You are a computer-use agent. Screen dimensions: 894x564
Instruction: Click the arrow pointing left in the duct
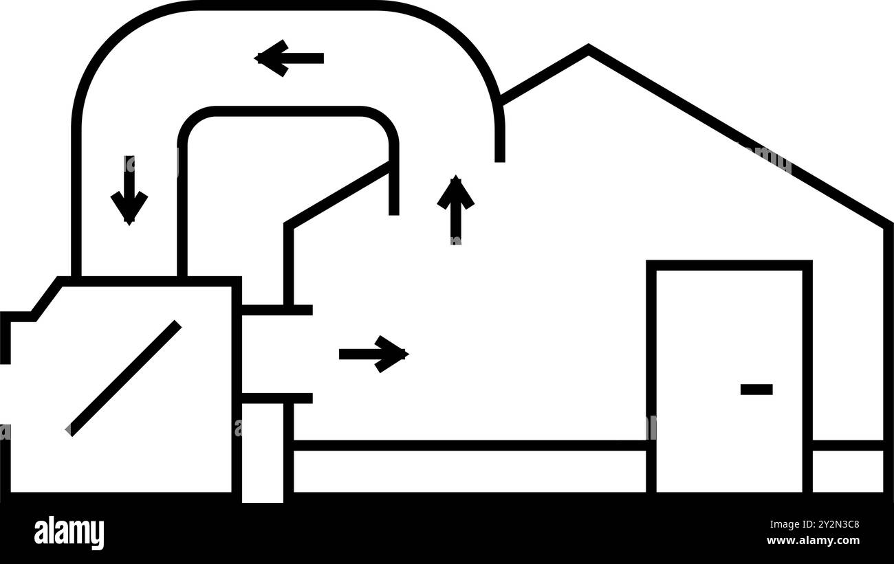tap(289, 58)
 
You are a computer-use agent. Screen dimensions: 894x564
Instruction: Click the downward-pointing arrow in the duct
tap(129, 190)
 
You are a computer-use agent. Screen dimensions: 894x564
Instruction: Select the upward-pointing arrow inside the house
tap(456, 210)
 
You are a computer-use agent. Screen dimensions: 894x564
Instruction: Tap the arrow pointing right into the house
tap(374, 354)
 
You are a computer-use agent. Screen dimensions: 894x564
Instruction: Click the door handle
tap(756, 389)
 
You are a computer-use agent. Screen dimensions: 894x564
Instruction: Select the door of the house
tap(729, 376)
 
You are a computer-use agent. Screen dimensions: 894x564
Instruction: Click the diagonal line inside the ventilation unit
tap(123, 379)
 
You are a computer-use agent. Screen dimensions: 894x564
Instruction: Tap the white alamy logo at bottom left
tap(69, 532)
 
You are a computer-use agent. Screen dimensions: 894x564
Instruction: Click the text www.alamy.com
tap(813, 541)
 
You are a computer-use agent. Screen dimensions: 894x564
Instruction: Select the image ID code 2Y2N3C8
tap(838, 524)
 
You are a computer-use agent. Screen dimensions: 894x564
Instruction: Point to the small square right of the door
tap(848, 471)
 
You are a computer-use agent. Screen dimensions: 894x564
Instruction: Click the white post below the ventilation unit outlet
tap(263, 453)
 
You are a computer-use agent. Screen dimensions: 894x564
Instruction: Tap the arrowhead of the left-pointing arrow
tap(271, 58)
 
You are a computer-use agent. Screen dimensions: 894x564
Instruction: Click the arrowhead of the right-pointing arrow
tap(392, 354)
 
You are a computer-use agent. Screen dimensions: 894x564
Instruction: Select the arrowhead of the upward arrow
tap(456, 192)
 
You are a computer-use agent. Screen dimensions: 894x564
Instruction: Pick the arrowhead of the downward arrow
tap(129, 208)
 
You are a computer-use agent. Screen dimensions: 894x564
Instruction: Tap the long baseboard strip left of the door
tap(470, 471)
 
